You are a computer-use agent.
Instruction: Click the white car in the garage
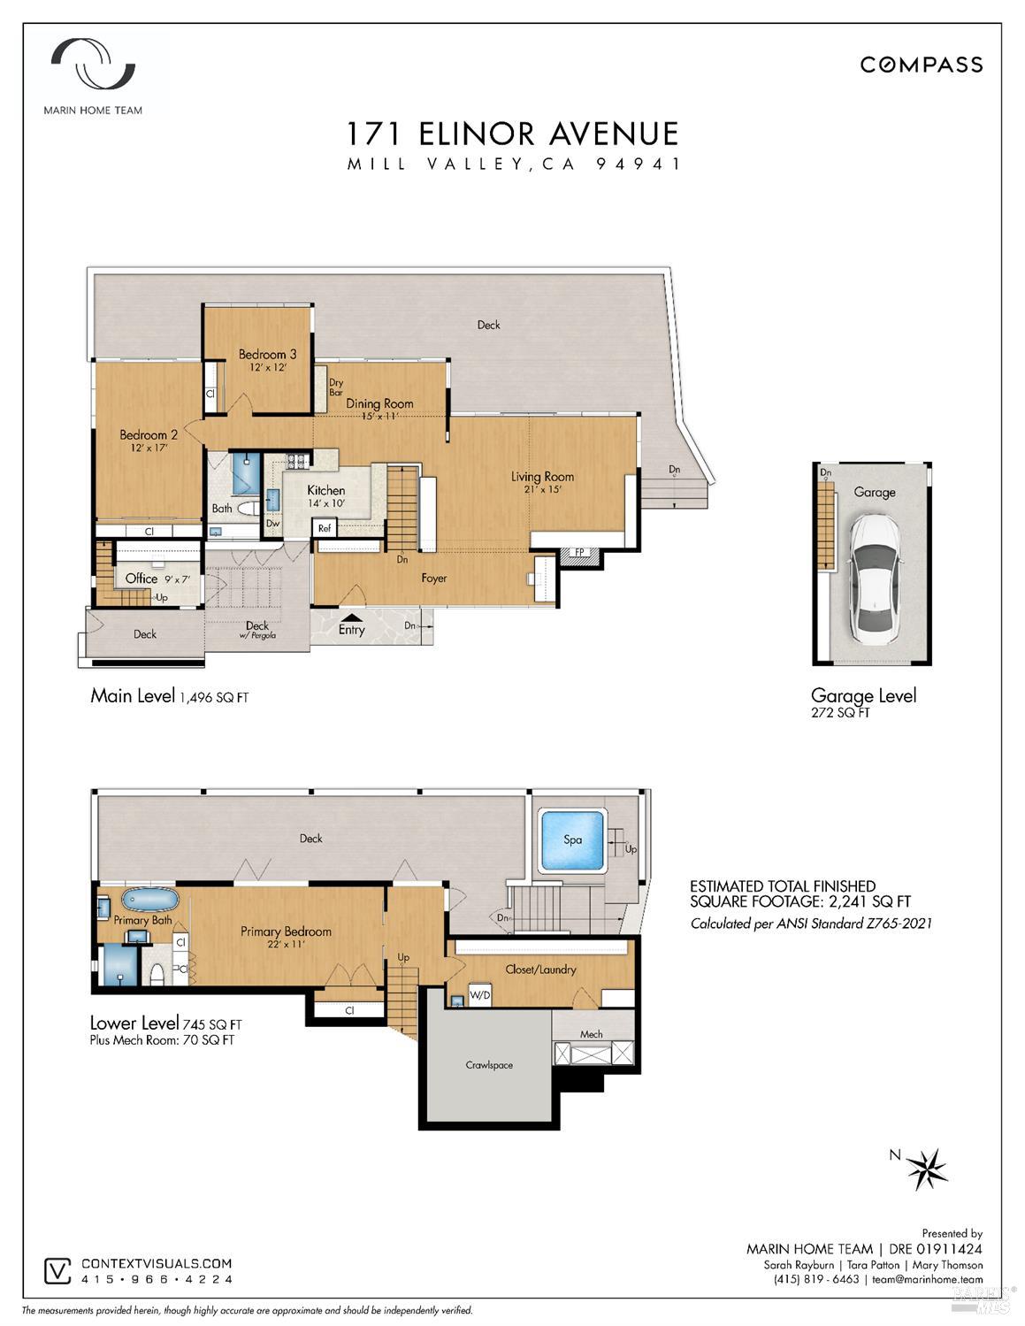tap(875, 579)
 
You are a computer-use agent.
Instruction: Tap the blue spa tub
tap(572, 839)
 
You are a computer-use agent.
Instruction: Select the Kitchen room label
tap(325, 490)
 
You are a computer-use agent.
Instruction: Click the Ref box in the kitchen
tap(324, 528)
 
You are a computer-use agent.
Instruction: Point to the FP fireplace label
tap(579, 552)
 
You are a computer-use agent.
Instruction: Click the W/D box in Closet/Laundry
tap(479, 995)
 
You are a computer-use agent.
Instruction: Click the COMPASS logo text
tap(922, 65)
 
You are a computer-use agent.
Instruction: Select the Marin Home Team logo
tap(93, 76)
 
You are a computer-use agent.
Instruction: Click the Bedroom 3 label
tap(267, 354)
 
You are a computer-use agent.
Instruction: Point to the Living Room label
tap(542, 477)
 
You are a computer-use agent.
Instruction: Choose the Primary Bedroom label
tap(286, 931)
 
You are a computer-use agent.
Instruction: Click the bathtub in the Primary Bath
tap(150, 900)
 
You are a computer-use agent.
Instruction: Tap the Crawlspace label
tap(489, 1065)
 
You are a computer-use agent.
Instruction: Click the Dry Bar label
tap(336, 387)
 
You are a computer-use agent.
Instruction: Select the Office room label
tap(141, 578)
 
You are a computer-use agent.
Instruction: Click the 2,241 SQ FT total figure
tap(869, 901)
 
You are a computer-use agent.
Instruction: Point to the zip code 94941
tap(638, 164)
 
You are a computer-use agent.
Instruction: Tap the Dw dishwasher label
tap(272, 523)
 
